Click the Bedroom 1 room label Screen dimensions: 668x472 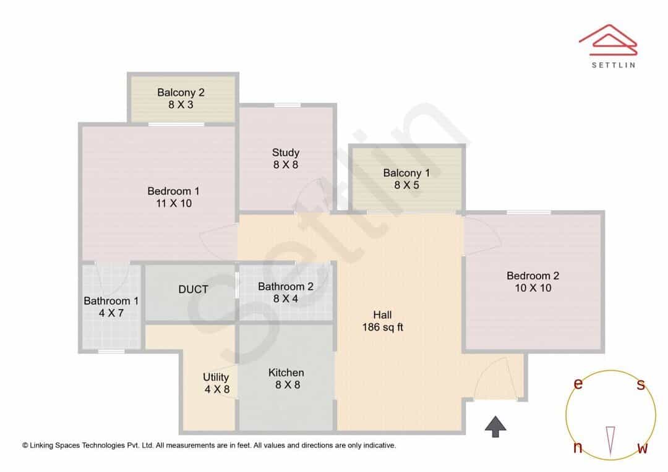[173, 191]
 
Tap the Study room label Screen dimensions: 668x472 [286, 153]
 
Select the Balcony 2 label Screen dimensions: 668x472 [181, 92]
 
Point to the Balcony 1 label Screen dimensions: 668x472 [406, 173]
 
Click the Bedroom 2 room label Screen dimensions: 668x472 [533, 276]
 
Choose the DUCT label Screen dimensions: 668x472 [193, 289]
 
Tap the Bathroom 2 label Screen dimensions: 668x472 [286, 287]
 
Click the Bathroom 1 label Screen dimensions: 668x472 [111, 301]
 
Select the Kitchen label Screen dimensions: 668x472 [286, 373]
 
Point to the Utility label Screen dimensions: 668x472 [216, 377]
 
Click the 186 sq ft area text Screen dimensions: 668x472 [383, 327]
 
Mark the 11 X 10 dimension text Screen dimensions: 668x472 [174, 203]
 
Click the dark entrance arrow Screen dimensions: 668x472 [495, 426]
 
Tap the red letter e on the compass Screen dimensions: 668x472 [578, 384]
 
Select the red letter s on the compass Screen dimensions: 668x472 [641, 384]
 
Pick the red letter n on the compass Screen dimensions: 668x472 [578, 448]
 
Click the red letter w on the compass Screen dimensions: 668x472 [643, 448]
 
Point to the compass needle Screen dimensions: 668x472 [610, 441]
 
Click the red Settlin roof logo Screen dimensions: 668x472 [608, 40]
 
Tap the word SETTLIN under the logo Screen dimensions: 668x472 [614, 65]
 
